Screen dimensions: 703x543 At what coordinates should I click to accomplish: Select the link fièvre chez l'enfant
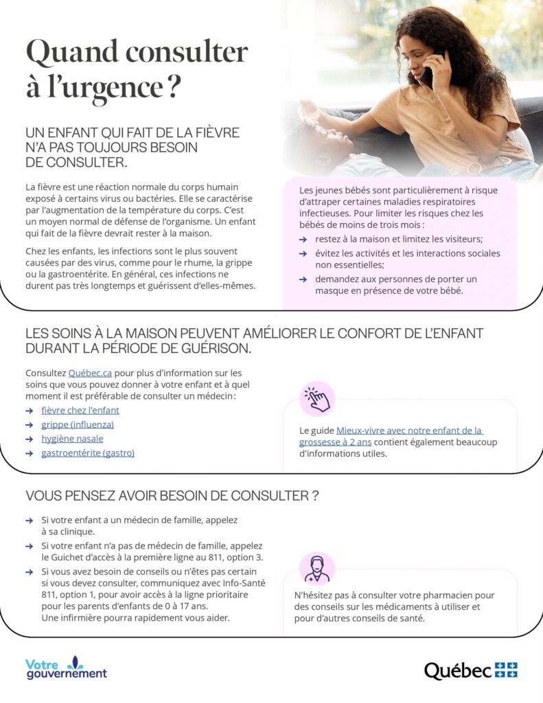click(x=80, y=410)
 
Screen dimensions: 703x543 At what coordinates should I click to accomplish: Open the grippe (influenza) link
click(x=78, y=424)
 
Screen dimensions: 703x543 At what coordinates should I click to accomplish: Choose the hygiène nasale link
click(x=72, y=439)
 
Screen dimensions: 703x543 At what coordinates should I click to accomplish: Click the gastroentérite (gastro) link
click(x=88, y=453)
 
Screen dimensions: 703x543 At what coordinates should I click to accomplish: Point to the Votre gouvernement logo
click(x=66, y=668)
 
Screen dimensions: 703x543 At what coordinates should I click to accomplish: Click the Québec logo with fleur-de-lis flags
click(x=470, y=670)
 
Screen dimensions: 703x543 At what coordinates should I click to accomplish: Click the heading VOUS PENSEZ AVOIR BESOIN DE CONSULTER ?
click(x=172, y=496)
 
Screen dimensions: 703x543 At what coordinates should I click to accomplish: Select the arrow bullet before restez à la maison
click(x=303, y=240)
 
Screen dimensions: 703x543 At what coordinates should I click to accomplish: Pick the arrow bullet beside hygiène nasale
click(x=29, y=439)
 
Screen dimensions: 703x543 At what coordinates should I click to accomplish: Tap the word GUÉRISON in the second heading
click(x=213, y=348)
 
